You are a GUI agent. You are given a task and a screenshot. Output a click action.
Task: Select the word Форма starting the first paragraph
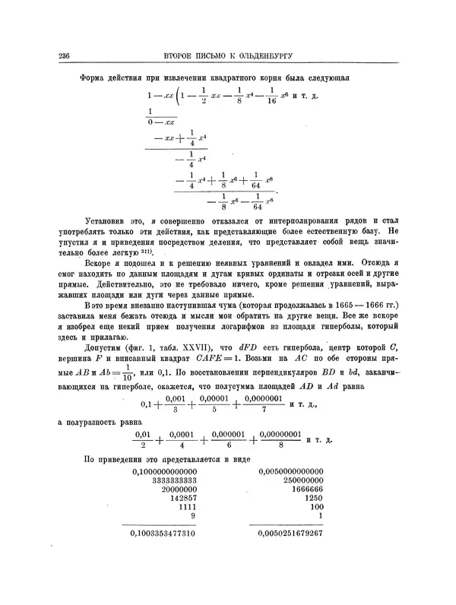coord(93,78)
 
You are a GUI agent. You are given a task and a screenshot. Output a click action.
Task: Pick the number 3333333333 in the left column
coord(175,481)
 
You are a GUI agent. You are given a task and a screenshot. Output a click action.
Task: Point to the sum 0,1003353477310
coord(164,534)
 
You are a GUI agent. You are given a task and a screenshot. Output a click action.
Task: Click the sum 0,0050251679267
coord(291,534)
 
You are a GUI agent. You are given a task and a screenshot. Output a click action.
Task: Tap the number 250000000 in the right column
coord(301,481)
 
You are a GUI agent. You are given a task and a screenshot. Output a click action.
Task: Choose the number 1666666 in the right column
coord(307,489)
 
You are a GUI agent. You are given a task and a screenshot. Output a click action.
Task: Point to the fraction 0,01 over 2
coord(143,439)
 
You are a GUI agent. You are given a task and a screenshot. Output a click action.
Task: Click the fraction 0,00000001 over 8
coord(280,439)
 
